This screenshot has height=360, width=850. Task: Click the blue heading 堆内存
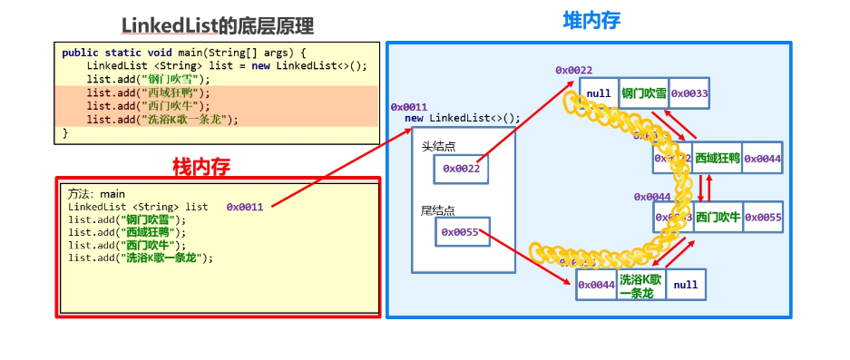(x=590, y=19)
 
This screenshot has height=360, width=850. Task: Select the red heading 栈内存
(x=201, y=166)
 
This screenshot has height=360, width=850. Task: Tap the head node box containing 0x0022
(x=461, y=168)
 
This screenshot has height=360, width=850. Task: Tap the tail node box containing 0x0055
(x=463, y=232)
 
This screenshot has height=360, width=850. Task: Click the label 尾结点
(x=437, y=210)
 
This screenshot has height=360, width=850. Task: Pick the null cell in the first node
(x=599, y=93)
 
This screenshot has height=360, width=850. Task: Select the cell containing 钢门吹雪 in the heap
(x=643, y=93)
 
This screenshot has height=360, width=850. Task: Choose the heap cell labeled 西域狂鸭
(x=718, y=159)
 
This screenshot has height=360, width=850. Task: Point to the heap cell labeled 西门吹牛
(x=718, y=218)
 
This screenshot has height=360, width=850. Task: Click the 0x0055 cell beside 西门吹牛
(x=763, y=218)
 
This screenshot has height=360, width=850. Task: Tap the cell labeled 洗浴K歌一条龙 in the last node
(x=641, y=285)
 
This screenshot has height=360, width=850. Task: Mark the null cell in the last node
(x=686, y=285)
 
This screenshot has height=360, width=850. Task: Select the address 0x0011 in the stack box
(x=245, y=207)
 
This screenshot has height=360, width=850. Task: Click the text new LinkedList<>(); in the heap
(x=463, y=118)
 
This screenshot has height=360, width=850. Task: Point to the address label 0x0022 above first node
(x=573, y=71)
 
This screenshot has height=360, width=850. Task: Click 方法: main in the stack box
(x=96, y=194)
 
